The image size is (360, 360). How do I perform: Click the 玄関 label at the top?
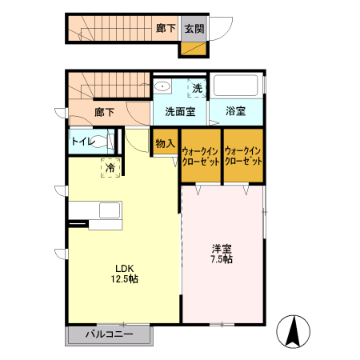click(194, 29)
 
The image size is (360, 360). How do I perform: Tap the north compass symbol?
click(293, 331)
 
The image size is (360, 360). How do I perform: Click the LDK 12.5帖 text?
click(124, 274)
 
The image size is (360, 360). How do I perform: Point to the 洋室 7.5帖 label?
click(222, 254)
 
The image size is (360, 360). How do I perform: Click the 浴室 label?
click(235, 111)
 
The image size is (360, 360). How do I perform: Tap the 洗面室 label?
click(180, 111)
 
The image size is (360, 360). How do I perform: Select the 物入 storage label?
click(166, 143)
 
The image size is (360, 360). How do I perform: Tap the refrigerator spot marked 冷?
click(110, 167)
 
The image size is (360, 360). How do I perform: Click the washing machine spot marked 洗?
click(197, 88)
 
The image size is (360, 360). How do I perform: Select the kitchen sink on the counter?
click(107, 210)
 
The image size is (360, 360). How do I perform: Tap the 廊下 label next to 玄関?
click(166, 29)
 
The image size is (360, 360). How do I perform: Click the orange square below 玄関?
click(194, 49)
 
